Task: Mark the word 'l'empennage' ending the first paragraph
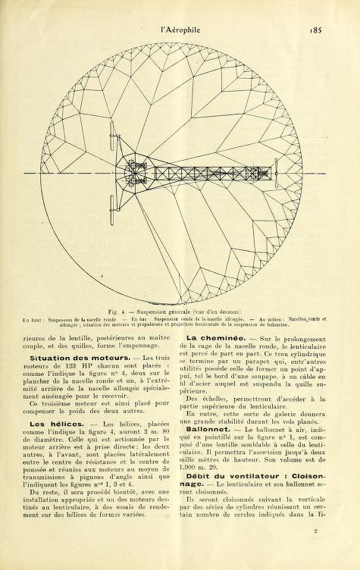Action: point(139,346)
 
